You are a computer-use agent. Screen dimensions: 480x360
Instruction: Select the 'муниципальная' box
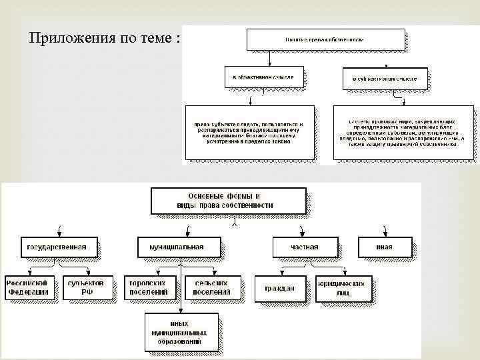coord(179,247)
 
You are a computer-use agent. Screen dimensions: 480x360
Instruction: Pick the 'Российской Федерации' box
coord(29,287)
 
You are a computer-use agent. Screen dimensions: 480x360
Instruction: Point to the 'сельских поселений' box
coord(209,287)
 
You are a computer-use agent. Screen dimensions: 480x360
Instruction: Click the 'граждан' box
coord(279,288)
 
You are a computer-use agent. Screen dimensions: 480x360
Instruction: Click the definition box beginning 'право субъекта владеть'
coord(248,132)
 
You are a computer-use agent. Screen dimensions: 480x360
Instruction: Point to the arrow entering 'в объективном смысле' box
coord(267,61)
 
